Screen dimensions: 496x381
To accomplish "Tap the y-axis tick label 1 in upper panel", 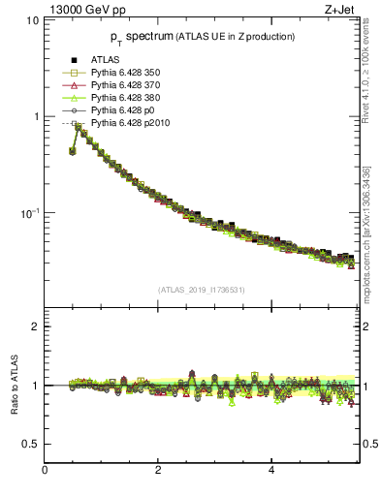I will pyautogui.click(x=35, y=116).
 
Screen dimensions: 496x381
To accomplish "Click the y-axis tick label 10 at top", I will pyautogui.click(x=31, y=20).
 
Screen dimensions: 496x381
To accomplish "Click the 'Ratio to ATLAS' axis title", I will pyautogui.click(x=13, y=386).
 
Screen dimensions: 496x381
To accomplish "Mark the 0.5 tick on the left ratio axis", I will pyautogui.click(x=31, y=444).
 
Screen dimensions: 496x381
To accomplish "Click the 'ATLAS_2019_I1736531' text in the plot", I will pyautogui.click(x=201, y=289).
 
